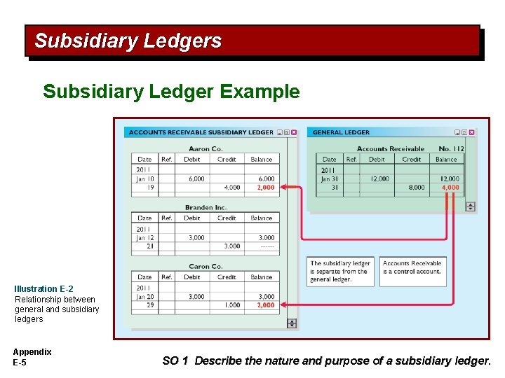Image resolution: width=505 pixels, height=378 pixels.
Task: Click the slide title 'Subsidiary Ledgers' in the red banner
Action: tap(128, 41)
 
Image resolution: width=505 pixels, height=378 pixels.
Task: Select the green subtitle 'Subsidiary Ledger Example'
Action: tap(171, 92)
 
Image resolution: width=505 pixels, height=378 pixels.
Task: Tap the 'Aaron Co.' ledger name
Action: tap(206, 148)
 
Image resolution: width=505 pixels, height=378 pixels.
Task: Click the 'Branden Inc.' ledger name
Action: tap(206, 207)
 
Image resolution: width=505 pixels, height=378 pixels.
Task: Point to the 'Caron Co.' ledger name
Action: tap(206, 266)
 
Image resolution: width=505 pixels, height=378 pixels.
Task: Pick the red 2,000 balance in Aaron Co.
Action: tap(266, 188)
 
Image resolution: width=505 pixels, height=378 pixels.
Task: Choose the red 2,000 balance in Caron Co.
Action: tap(266, 305)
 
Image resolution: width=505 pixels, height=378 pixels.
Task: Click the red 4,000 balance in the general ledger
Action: tap(450, 188)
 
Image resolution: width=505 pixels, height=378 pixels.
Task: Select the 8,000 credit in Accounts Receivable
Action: tap(416, 188)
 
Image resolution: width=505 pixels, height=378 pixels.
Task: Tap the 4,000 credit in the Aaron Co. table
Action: tap(231, 188)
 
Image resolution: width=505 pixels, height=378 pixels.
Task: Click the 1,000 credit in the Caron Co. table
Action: tap(231, 305)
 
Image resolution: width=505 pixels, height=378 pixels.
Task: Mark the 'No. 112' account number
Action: tap(451, 148)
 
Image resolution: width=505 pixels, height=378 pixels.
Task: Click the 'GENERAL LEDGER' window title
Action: tap(341, 132)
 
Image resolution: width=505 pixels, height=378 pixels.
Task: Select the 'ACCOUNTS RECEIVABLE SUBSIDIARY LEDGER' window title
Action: tap(201, 132)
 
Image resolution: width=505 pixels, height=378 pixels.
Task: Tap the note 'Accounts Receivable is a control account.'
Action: tap(412, 267)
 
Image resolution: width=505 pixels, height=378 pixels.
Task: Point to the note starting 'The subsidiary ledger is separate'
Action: tap(340, 272)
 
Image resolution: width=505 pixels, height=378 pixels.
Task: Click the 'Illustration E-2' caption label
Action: tap(43, 289)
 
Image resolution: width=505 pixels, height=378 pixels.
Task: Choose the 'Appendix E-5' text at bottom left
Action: tap(32, 357)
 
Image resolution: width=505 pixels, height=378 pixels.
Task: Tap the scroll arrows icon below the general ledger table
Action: tap(470, 206)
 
